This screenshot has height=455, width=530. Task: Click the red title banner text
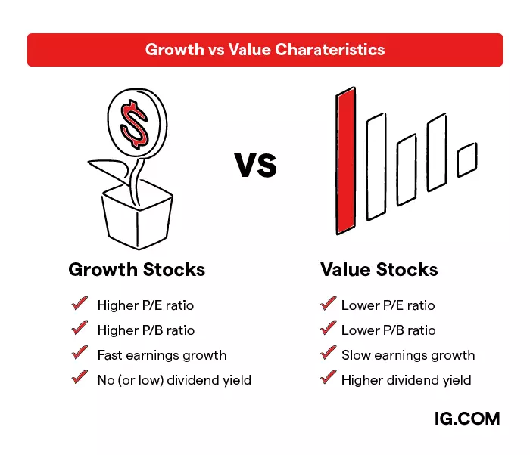[x=265, y=50]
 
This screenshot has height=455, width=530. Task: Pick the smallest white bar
[x=466, y=159]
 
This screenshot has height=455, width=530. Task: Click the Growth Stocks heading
[x=136, y=270]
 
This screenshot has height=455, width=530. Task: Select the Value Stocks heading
[x=379, y=270]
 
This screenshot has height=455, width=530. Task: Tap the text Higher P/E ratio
[x=145, y=305]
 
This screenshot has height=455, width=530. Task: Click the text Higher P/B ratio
[x=145, y=330]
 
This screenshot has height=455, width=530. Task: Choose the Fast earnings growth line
[x=162, y=354]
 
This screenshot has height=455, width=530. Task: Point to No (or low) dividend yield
[x=174, y=379]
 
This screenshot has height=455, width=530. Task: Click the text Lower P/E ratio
[x=388, y=305]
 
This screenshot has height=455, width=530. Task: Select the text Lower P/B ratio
[x=388, y=330]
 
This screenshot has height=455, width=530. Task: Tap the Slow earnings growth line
[x=408, y=354]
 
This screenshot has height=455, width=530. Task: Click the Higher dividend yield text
[x=406, y=379]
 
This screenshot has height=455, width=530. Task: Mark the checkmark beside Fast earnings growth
[x=79, y=353]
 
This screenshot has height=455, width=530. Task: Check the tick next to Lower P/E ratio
[x=328, y=304]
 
